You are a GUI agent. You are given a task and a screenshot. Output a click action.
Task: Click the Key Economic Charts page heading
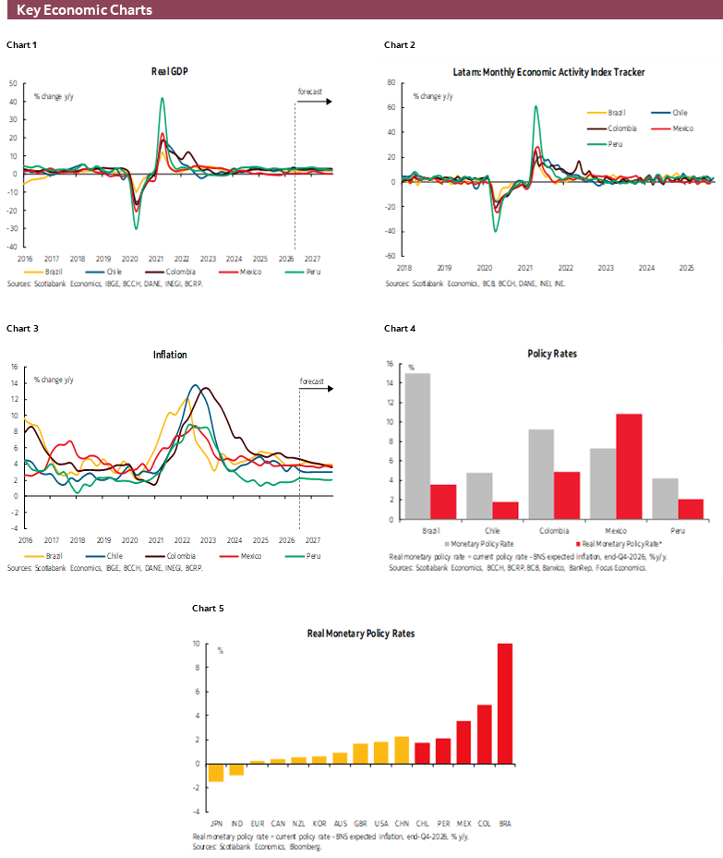(x=84, y=10)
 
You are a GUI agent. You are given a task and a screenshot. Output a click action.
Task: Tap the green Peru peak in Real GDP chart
(x=163, y=100)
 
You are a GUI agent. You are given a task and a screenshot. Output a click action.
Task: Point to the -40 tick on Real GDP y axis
(x=13, y=247)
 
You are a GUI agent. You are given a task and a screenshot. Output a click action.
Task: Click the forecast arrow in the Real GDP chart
(x=314, y=101)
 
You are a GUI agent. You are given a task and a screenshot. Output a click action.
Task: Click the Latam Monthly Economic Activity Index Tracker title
(x=548, y=72)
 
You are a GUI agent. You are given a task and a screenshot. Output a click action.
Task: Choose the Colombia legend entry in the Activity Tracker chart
(x=613, y=128)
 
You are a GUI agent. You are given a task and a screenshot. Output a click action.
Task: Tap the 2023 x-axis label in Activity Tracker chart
(x=605, y=268)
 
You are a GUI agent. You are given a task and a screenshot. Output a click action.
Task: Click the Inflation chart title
(x=170, y=355)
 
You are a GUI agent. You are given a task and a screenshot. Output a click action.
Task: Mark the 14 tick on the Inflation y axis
(x=14, y=382)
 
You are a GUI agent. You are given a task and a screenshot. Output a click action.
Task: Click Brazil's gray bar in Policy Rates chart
(x=418, y=446)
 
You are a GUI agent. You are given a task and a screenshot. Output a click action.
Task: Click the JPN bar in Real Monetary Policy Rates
(x=216, y=773)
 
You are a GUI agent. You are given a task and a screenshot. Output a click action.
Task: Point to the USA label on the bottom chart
(x=380, y=821)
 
